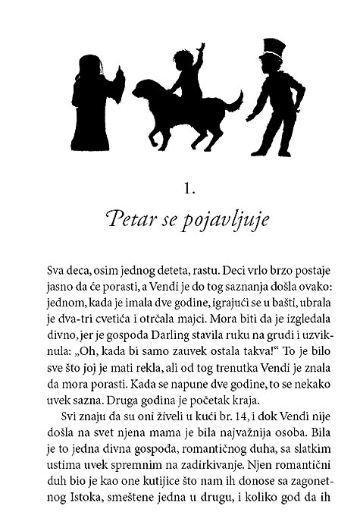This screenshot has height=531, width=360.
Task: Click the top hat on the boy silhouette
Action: [x=272, y=52]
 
